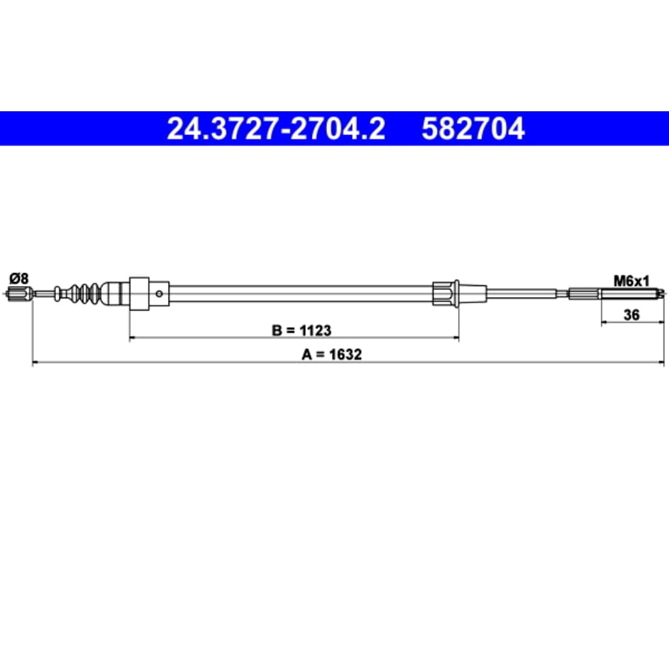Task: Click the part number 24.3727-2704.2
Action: point(276,128)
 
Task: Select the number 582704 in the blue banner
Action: point(473,128)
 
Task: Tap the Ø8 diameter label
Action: point(19,279)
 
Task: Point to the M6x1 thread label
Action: point(631,281)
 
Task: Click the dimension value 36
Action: point(631,315)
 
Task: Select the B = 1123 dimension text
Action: point(302,330)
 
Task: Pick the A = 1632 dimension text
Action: point(332,354)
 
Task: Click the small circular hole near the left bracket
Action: point(159,294)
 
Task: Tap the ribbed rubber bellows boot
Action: point(85,293)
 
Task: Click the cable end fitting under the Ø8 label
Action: point(20,294)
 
